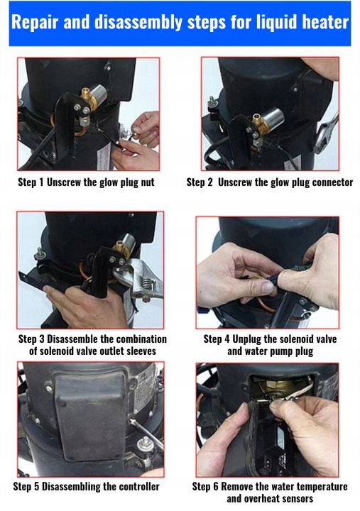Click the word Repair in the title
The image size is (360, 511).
(35, 23)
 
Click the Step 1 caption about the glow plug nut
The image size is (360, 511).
(86, 182)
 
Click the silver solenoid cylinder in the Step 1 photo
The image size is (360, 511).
(99, 93)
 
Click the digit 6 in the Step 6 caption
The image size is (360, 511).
(216, 487)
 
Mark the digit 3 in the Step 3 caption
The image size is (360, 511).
(42, 339)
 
